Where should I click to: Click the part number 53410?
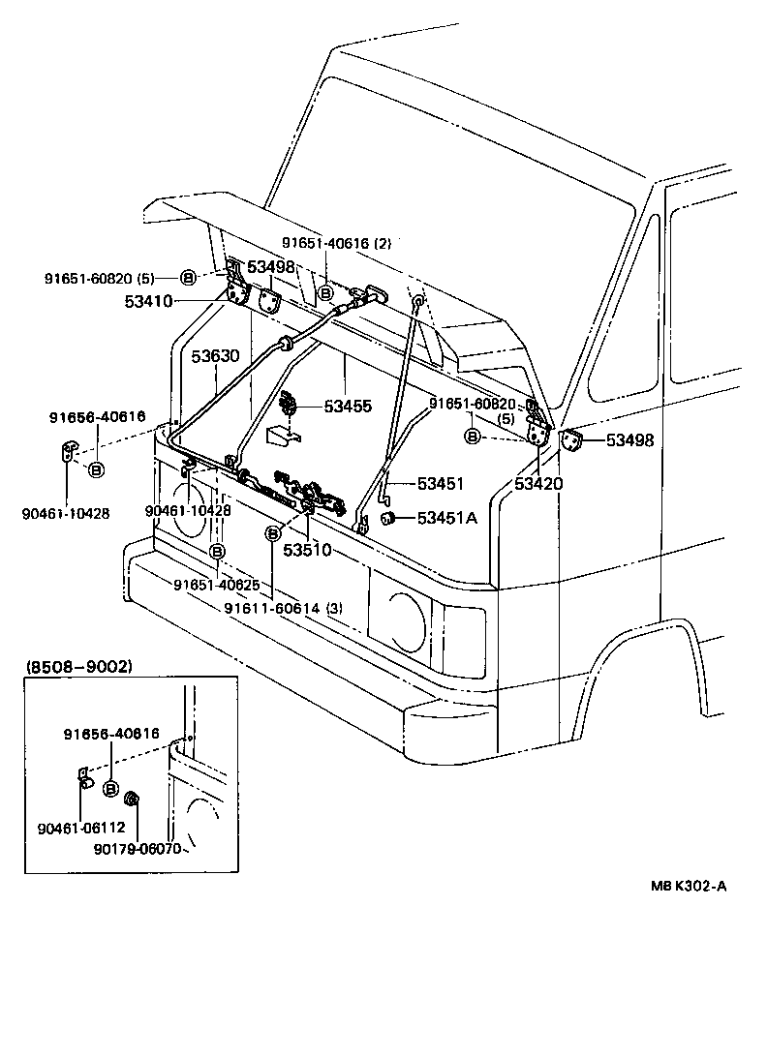coord(148,301)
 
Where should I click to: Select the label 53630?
coord(214,356)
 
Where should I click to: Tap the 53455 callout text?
coord(348,408)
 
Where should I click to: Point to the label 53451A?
coord(447,518)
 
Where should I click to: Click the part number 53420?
coord(538,483)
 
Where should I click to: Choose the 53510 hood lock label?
coord(307,550)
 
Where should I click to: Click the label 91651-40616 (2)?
coord(336,243)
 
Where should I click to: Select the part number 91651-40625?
coord(217,585)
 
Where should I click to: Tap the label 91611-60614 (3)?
coord(283,608)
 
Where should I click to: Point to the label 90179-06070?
coord(136,848)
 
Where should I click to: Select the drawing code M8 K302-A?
coord(687,912)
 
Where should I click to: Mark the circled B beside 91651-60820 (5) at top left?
coord(188,278)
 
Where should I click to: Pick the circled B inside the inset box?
coord(110,789)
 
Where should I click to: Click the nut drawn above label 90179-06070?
coord(135,799)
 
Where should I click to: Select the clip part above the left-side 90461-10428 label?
coord(68,450)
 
